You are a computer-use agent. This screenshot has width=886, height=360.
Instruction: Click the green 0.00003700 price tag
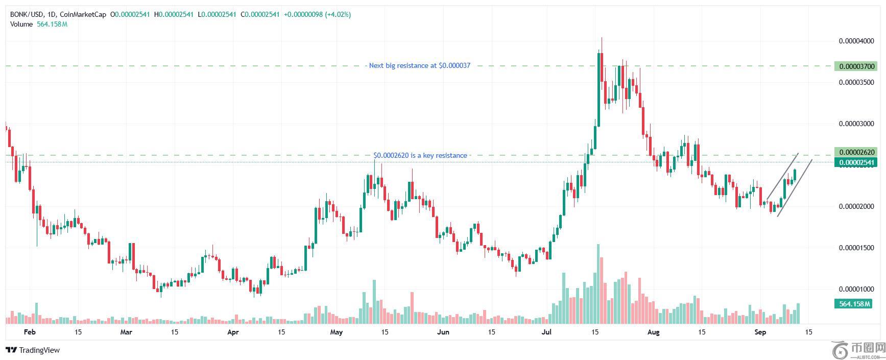(855, 66)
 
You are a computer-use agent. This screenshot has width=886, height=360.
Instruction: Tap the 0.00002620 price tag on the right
(855, 152)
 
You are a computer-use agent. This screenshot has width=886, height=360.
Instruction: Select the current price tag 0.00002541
(855, 163)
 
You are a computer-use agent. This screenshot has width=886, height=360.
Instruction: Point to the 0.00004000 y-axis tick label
(856, 41)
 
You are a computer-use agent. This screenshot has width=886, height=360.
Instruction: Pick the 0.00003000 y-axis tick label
(856, 124)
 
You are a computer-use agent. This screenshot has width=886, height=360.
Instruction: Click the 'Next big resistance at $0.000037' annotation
(419, 66)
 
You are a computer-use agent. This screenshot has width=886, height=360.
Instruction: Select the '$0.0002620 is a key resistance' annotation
(420, 155)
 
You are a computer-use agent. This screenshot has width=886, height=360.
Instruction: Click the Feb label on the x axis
(30, 332)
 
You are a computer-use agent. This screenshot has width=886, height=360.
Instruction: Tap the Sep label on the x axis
(760, 332)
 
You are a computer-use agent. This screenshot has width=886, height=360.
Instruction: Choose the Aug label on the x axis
(653, 332)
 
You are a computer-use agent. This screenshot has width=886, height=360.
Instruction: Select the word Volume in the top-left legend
(21, 24)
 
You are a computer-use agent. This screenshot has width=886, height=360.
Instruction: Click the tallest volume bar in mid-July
(598, 283)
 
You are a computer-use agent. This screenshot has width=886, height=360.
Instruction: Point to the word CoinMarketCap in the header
(83, 15)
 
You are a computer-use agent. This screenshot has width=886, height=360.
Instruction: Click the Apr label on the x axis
(233, 332)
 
